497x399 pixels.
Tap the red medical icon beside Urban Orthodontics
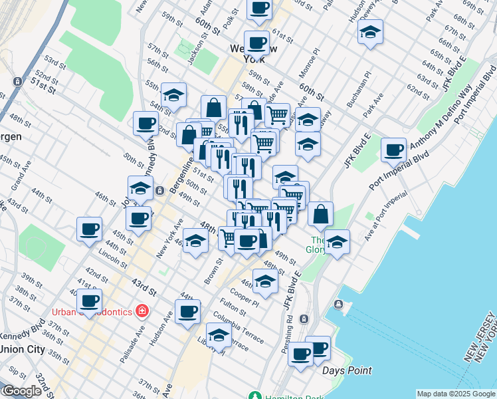[x=141, y=311]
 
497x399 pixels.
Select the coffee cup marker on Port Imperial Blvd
[x=394, y=150]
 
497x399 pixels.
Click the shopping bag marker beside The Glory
[x=320, y=214]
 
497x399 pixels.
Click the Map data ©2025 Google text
[x=455, y=394]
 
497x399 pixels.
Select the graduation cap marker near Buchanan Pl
[x=370, y=31]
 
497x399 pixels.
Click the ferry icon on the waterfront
[x=339, y=305]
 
